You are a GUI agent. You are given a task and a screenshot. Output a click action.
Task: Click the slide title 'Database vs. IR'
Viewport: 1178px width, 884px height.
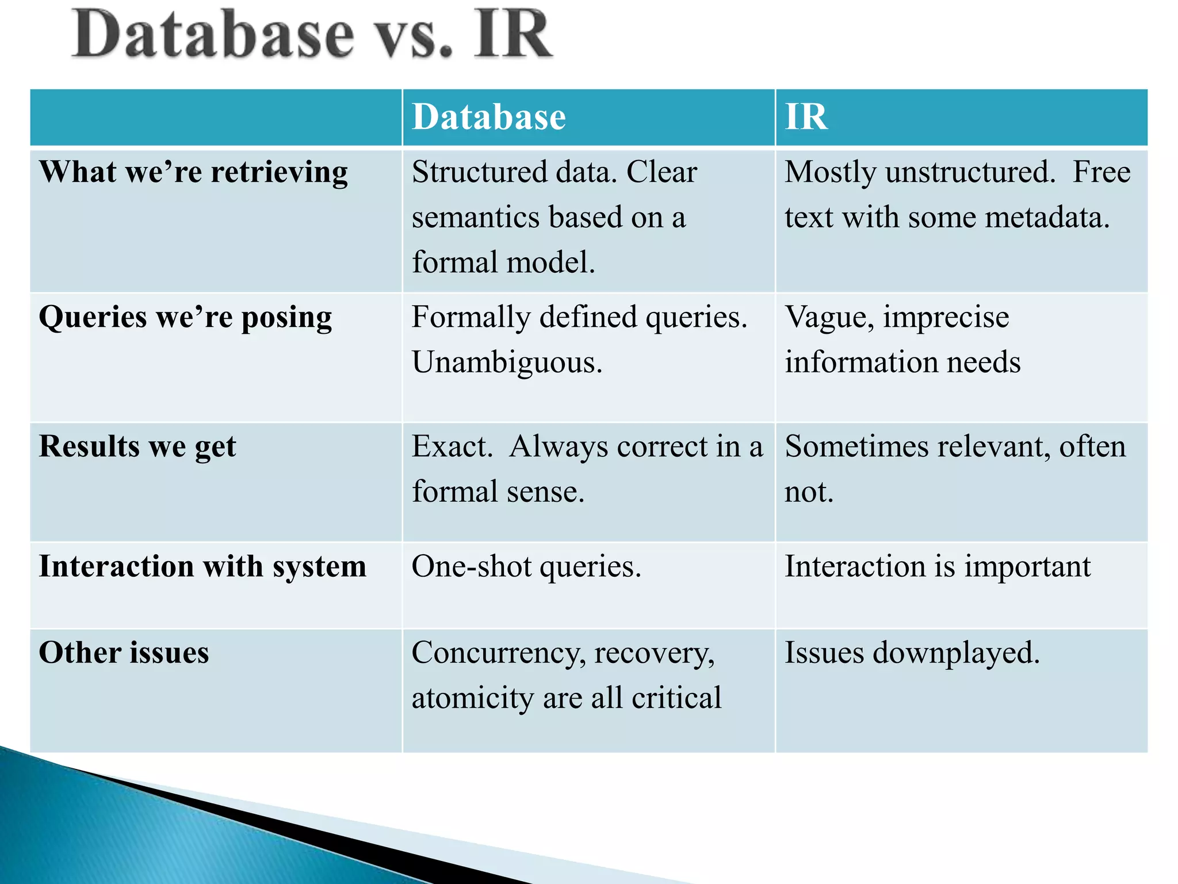click(x=312, y=36)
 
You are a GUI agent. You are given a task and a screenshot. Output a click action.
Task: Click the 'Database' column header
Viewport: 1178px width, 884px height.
click(x=489, y=117)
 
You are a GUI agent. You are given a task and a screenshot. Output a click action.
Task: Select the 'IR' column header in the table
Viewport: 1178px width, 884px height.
click(x=806, y=117)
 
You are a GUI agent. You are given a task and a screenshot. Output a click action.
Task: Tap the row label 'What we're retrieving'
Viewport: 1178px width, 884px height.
click(x=193, y=172)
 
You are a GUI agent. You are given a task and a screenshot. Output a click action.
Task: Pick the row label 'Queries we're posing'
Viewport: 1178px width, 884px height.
click(x=185, y=317)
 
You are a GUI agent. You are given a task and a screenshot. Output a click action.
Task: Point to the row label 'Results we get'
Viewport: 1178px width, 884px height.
click(x=137, y=447)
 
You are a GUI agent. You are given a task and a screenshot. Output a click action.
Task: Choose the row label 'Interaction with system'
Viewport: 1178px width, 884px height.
click(x=202, y=566)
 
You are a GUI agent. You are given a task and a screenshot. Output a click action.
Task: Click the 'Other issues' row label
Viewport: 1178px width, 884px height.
click(x=124, y=653)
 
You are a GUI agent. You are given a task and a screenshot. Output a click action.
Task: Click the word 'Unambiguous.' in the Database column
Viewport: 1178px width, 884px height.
click(x=507, y=363)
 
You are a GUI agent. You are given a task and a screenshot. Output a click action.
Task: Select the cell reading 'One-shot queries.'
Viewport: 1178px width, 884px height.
click(x=526, y=566)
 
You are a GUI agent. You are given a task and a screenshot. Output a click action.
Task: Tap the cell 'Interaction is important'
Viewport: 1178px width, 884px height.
click(x=938, y=566)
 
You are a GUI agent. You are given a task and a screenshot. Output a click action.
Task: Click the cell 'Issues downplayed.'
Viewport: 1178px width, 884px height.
click(x=912, y=653)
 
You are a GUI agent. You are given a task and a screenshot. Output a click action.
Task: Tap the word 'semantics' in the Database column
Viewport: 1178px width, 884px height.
click(x=476, y=218)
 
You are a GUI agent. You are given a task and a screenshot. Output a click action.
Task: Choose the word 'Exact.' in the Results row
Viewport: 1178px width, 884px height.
click(x=452, y=447)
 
